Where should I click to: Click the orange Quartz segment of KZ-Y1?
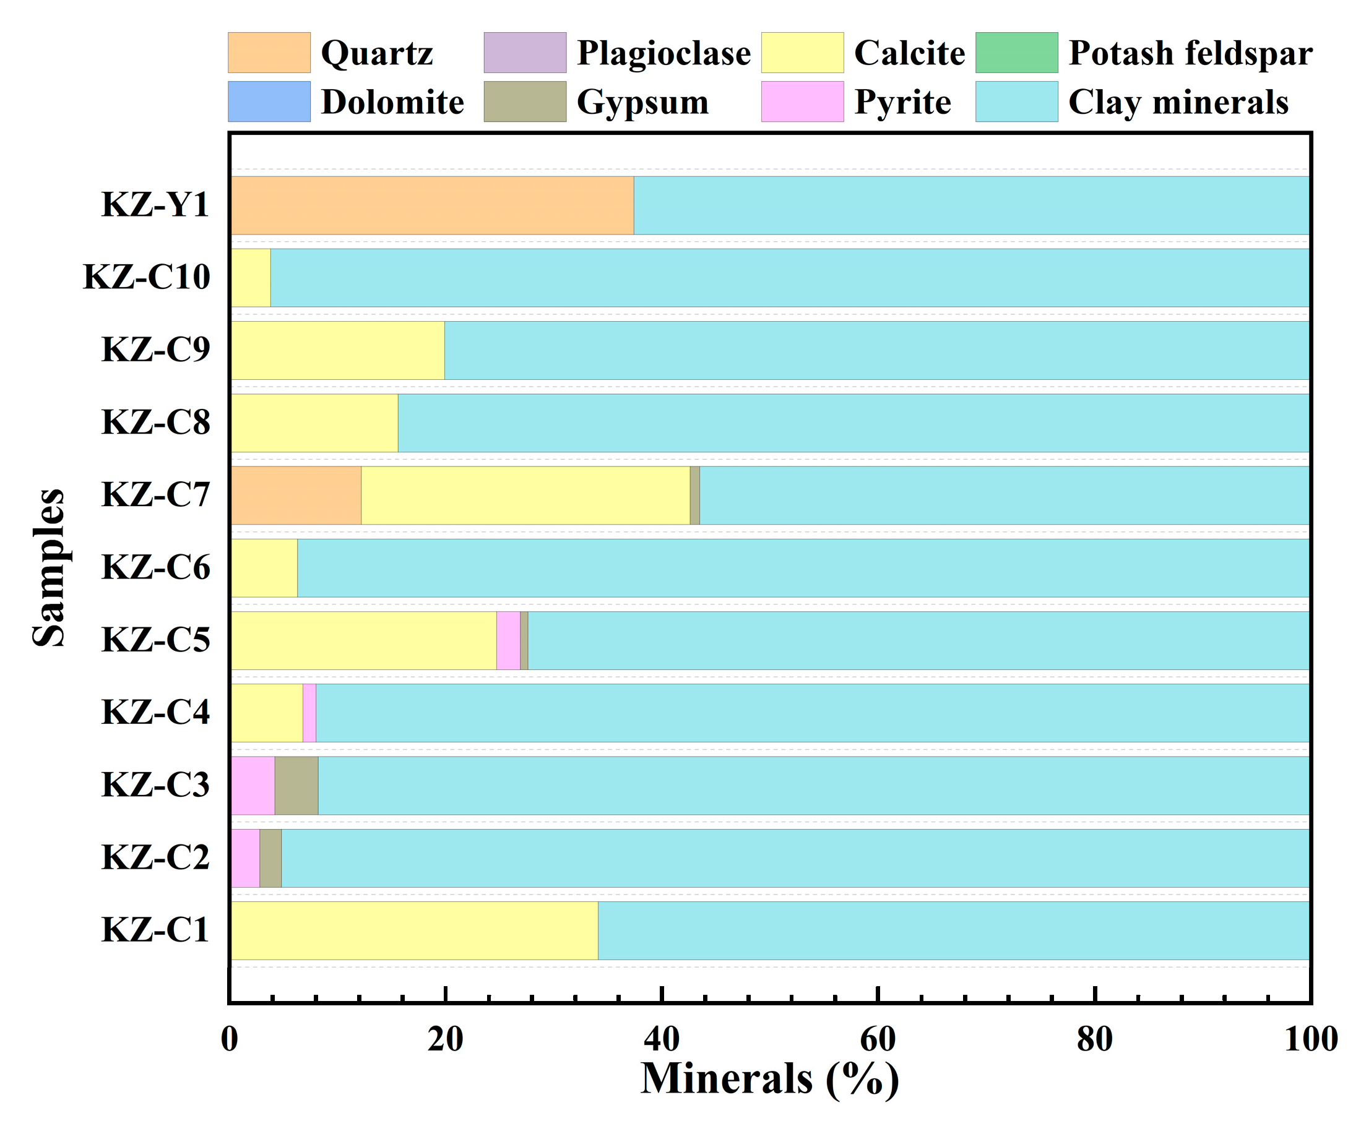click(x=432, y=205)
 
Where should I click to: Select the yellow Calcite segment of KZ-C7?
click(x=525, y=495)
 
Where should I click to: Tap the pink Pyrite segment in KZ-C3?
click(x=253, y=785)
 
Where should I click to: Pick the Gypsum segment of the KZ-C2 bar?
click(x=270, y=858)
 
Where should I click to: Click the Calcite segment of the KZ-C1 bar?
click(x=415, y=930)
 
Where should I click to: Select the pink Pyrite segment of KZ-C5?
click(x=508, y=640)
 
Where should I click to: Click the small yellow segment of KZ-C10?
click(x=251, y=277)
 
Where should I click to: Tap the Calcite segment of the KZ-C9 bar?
click(x=338, y=350)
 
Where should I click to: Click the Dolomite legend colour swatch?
click(x=269, y=101)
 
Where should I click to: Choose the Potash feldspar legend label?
click(x=1190, y=53)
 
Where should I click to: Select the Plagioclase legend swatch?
click(x=525, y=53)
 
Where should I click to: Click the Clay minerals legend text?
click(x=1178, y=101)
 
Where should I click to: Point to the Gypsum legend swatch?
click(x=525, y=101)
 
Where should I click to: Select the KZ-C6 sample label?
click(x=155, y=568)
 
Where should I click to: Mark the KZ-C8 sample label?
click(x=155, y=423)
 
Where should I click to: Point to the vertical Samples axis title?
click(x=50, y=568)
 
